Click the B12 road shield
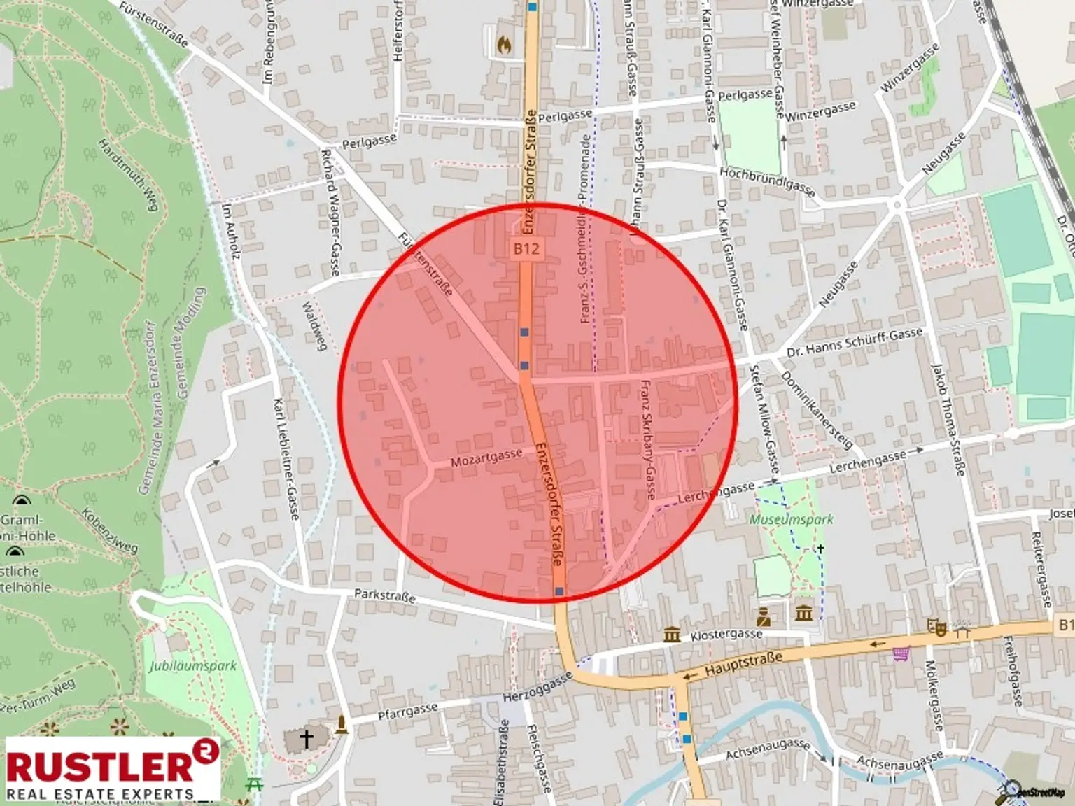[526, 248]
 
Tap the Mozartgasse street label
[486, 458]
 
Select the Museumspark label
[792, 519]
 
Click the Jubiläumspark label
[192, 665]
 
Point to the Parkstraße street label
[384, 595]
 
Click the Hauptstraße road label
[743, 663]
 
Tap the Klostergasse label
[726, 635]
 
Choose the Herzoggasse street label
[537, 688]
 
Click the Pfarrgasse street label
[407, 712]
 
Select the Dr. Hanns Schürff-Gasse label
[855, 341]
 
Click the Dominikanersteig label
[816, 409]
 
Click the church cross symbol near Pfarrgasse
[306, 738]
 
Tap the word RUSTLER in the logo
[99, 765]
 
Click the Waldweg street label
[314, 326]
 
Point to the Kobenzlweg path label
[110, 530]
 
